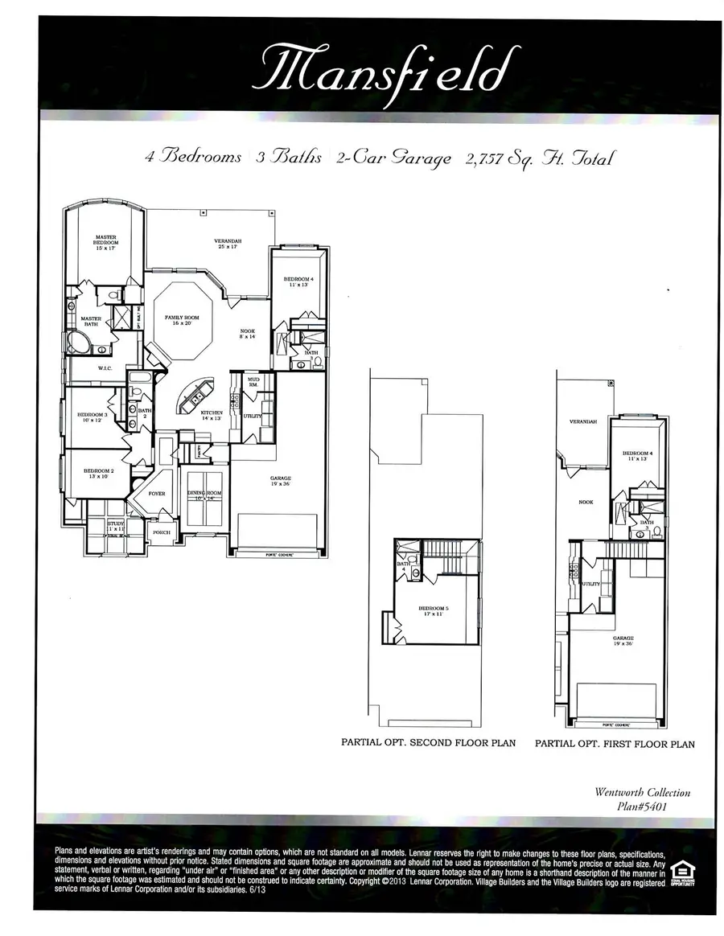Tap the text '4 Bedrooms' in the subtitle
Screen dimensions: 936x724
point(193,157)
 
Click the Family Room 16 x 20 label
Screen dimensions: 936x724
point(181,322)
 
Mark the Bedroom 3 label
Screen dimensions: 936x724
point(93,417)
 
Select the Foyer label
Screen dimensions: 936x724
point(157,494)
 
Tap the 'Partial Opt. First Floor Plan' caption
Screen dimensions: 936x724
point(615,744)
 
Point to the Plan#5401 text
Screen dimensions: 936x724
point(643,807)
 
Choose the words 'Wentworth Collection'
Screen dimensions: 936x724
point(642,792)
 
